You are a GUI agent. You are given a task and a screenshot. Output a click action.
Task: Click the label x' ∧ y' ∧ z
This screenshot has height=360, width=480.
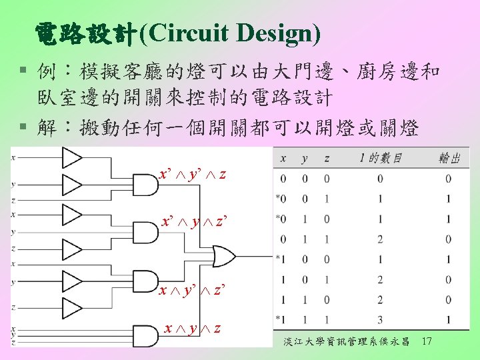(x=193, y=175)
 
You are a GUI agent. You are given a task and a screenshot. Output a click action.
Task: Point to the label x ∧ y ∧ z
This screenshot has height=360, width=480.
(x=194, y=329)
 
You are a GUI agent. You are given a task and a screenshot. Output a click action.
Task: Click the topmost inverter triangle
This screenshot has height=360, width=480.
(x=71, y=158)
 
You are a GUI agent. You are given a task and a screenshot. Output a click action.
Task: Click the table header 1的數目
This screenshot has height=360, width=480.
(x=380, y=159)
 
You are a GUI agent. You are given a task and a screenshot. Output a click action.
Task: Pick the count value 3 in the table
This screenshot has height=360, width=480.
(x=380, y=319)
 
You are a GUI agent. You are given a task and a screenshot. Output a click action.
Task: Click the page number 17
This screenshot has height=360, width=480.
(x=427, y=342)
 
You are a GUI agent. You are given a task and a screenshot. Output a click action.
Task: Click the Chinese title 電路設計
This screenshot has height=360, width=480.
(x=86, y=31)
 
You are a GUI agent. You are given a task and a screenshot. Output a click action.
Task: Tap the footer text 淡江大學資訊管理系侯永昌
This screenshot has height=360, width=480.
(x=346, y=343)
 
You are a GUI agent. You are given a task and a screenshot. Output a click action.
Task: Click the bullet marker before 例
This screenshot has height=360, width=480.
(x=23, y=69)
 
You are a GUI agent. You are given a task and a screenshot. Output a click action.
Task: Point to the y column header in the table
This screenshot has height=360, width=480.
(x=305, y=159)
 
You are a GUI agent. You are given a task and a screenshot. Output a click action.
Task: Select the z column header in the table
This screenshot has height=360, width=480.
(x=326, y=159)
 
